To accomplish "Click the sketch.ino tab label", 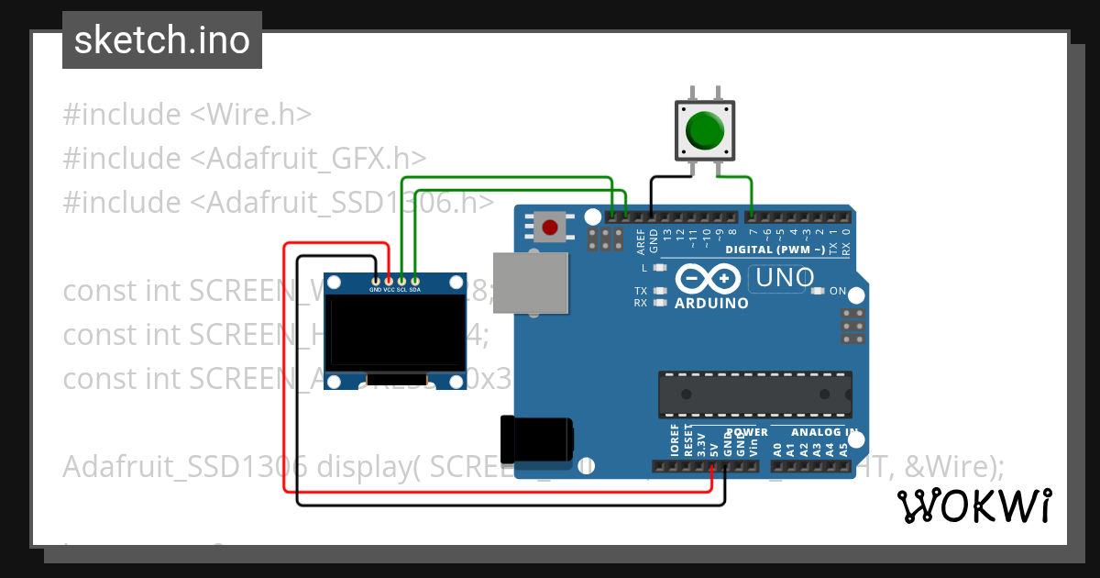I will pos(162,40).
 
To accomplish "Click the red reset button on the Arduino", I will pos(550,227).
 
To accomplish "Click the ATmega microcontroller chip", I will pos(754,394).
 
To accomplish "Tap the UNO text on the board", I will pos(781,277).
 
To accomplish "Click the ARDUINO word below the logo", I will pos(711,303).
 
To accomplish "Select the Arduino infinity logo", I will pos(708,278).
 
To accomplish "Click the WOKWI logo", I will pos(973,506).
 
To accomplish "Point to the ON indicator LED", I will pos(818,291).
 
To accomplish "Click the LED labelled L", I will pos(658,268).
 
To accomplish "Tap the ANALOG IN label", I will pos(825,432).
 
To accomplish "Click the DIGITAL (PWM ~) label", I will pos(774,250).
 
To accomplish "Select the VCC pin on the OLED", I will pos(389,280).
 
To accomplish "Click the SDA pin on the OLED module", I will pos(415,280).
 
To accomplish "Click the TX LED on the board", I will pos(658,291).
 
